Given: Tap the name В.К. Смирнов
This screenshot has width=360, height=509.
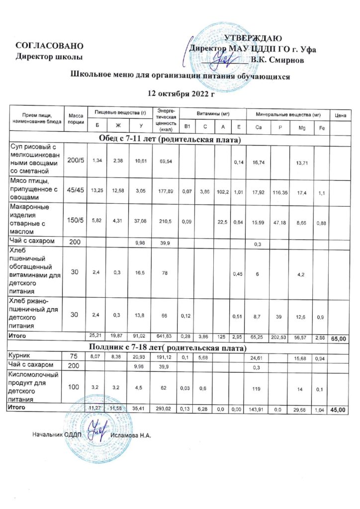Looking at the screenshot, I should (x=281, y=60).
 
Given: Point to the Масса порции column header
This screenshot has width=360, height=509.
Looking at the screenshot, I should (x=76, y=118).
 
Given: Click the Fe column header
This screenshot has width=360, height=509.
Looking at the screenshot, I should (x=322, y=128).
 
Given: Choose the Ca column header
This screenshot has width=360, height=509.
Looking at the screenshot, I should (x=258, y=128).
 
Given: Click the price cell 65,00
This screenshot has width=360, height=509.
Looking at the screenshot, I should (x=340, y=338).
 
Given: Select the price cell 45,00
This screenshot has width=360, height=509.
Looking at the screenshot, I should (x=340, y=410).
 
